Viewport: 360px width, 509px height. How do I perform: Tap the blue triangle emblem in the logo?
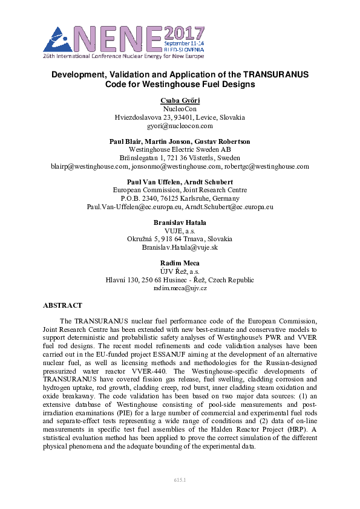point(57,40)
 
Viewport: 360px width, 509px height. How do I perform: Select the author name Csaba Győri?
point(180,100)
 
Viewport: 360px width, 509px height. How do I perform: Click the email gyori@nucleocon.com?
point(180,126)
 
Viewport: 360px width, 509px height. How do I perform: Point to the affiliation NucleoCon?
point(180,109)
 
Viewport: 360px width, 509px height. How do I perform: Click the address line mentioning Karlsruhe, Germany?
point(180,198)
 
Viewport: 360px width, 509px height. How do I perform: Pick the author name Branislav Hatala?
point(180,222)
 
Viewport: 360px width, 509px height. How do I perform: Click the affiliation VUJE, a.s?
point(180,230)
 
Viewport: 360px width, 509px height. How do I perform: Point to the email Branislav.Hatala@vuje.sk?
point(180,247)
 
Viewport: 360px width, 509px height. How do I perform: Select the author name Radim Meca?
point(180,264)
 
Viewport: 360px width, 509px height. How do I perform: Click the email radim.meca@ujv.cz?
point(180,288)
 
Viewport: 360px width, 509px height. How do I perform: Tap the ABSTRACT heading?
point(62,305)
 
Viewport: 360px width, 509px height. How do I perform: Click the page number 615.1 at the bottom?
point(180,479)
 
